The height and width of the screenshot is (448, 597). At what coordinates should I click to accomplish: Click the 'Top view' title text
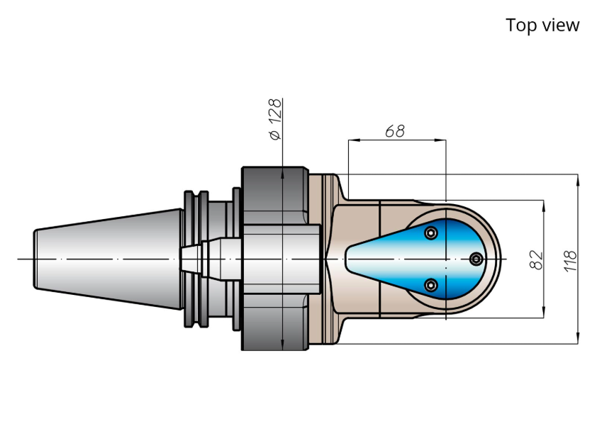[542, 25]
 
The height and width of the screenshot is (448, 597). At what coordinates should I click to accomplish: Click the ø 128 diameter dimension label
[275, 119]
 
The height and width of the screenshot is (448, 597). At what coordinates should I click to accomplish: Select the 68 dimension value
[395, 131]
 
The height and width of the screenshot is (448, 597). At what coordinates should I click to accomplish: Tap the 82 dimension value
[537, 260]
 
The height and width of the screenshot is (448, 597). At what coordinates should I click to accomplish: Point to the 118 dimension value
[570, 261]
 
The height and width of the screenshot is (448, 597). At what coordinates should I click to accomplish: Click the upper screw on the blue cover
[430, 233]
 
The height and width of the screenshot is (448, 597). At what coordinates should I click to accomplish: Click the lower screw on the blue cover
[430, 285]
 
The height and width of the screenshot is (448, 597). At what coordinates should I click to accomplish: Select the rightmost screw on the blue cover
[476, 259]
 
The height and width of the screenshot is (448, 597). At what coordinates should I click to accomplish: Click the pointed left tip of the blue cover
[346, 259]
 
